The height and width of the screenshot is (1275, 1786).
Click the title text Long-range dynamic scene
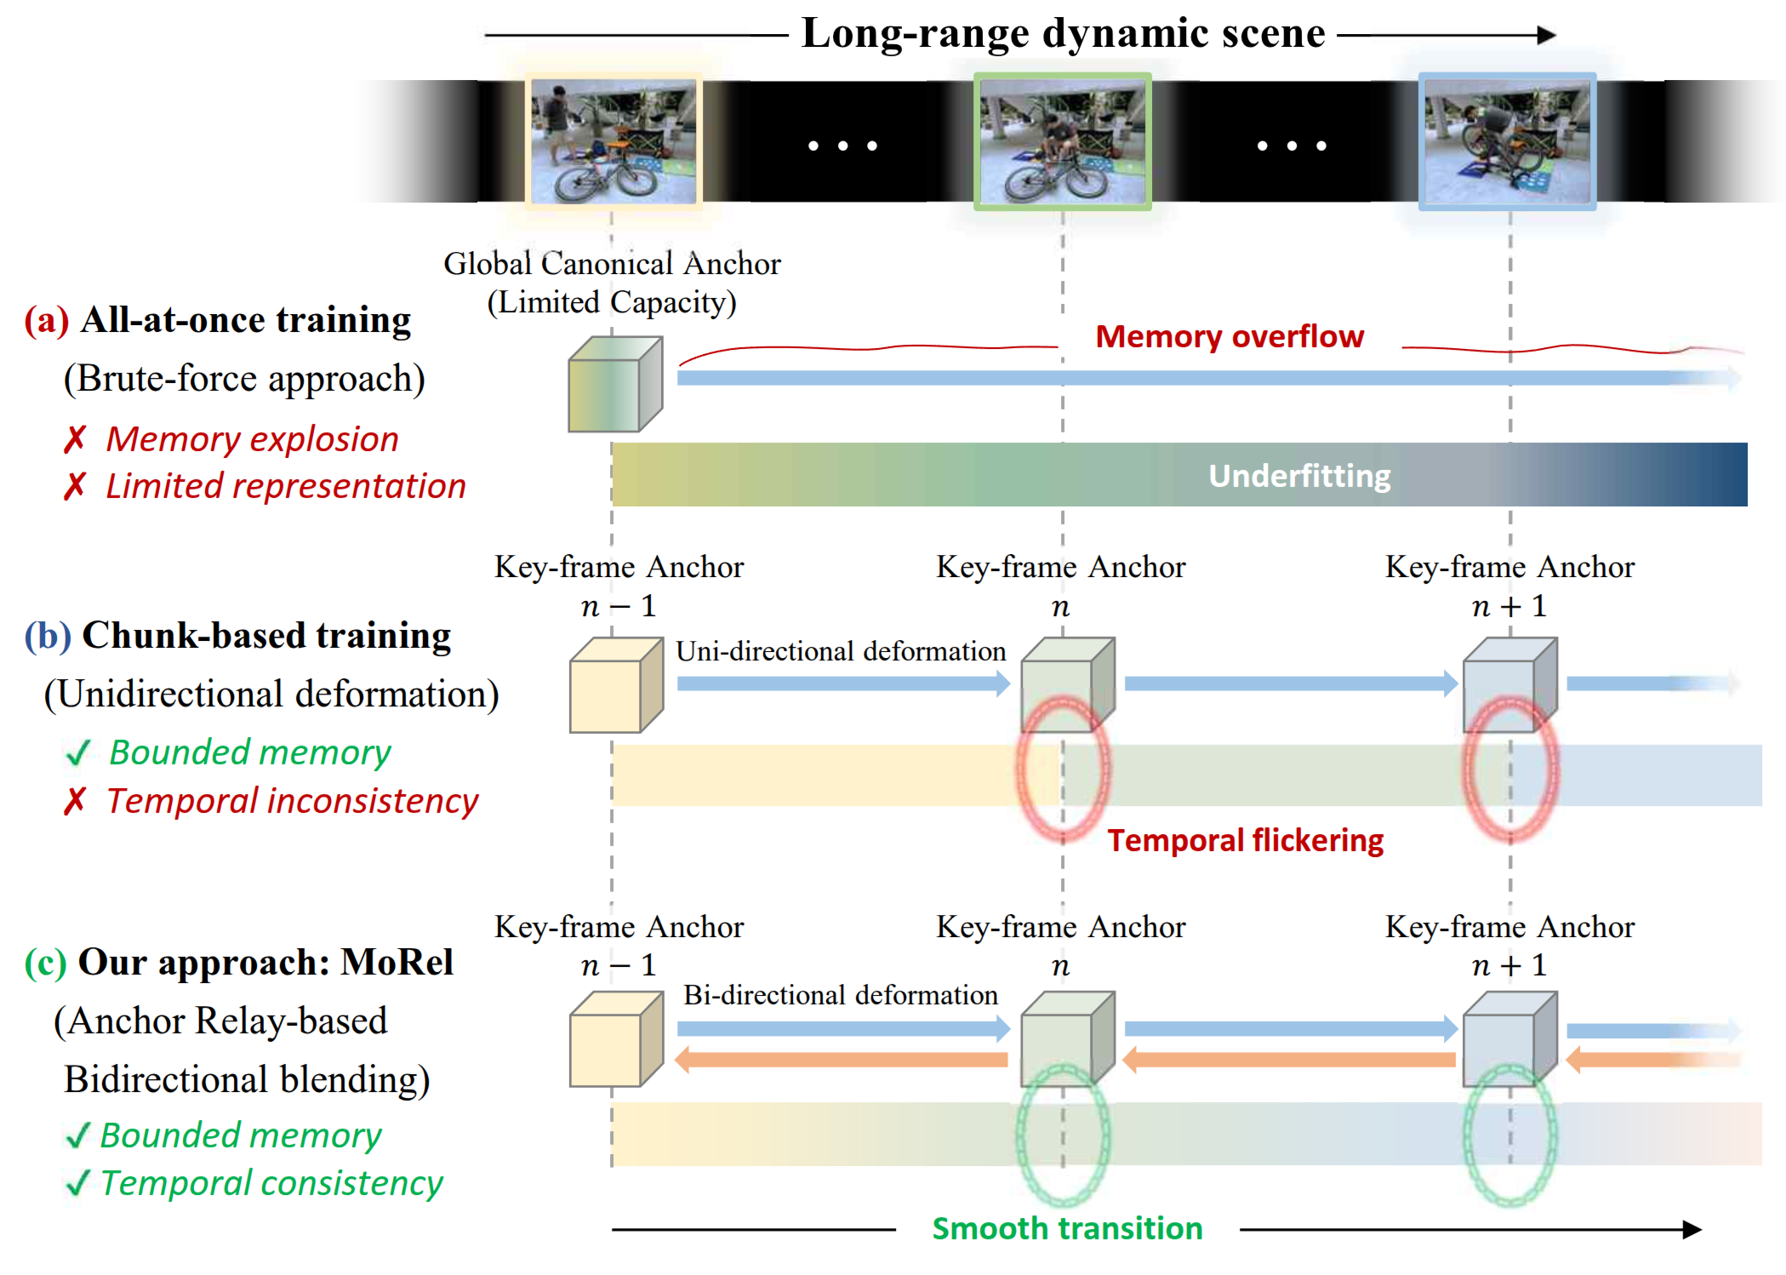tap(1063, 34)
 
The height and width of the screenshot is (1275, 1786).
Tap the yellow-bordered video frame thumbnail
tap(613, 141)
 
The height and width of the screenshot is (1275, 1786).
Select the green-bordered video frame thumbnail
tap(1062, 141)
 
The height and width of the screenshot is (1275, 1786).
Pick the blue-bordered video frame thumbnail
tap(1507, 141)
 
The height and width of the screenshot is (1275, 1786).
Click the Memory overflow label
tap(1229, 337)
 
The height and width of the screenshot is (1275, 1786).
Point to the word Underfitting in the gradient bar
tap(1299, 476)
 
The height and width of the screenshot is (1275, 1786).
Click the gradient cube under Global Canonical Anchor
tap(614, 385)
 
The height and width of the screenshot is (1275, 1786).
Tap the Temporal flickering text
tap(1245, 841)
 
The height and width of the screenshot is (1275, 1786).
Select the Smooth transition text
tap(1067, 1228)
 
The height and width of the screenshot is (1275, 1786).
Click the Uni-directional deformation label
tap(841, 651)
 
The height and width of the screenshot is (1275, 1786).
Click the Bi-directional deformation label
tap(841, 995)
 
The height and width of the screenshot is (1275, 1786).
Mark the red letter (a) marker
tap(47, 321)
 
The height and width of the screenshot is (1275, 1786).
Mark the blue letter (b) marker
tap(48, 636)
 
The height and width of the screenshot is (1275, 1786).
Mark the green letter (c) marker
tap(46, 963)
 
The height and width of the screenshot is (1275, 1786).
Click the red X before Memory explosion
tap(75, 440)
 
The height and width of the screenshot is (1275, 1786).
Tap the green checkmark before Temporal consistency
tap(77, 1183)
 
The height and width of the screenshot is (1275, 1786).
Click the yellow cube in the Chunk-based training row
tap(614, 686)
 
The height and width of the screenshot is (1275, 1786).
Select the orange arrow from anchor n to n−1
tap(841, 1060)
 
